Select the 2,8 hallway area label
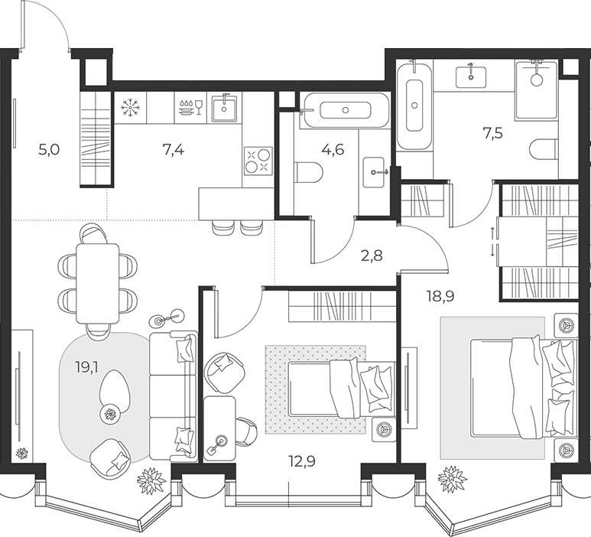372,255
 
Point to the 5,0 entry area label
50,150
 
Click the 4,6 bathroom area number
333,150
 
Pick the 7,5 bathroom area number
492,133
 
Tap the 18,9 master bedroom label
440,296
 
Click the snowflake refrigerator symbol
130,107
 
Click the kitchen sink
224,108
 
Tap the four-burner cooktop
258,161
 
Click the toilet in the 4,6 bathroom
308,174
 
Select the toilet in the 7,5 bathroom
544,150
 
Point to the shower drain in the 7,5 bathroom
536,80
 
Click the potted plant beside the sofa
151,480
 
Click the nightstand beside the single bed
384,429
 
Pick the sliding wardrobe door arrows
492,242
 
